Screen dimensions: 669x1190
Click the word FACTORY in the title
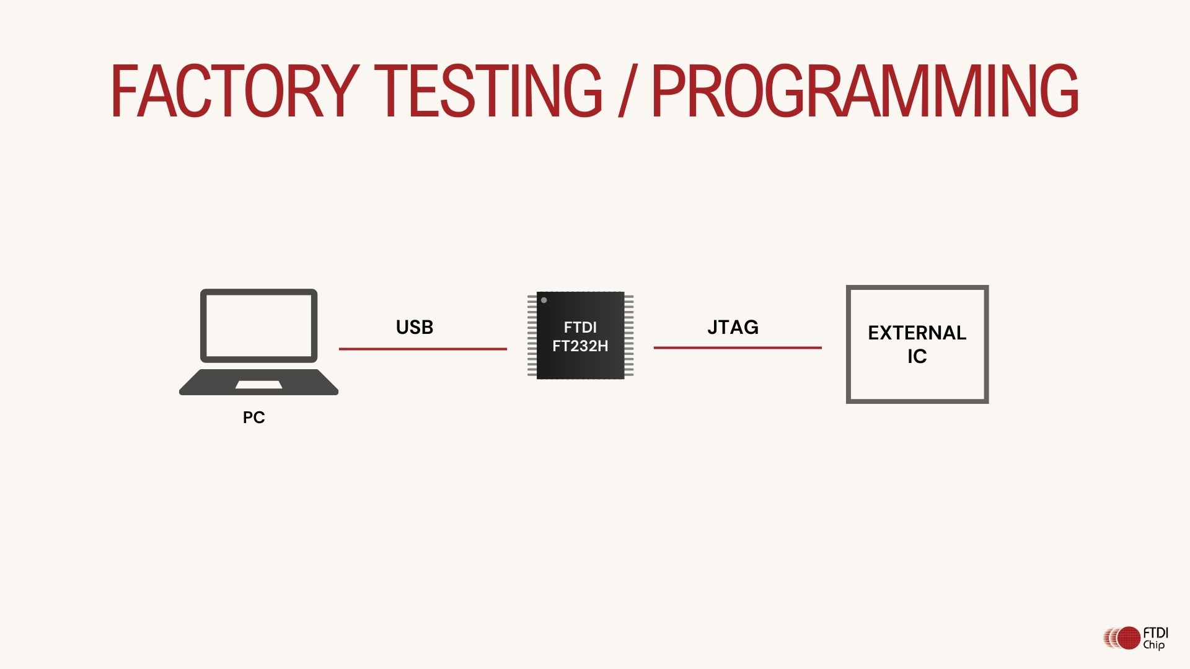234,90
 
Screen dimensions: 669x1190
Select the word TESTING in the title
488,90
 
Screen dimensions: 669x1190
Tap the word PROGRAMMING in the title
865,90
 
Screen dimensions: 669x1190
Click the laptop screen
258,325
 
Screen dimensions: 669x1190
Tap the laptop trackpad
258,385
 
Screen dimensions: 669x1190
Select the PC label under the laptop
253,418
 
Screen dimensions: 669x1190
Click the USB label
414,327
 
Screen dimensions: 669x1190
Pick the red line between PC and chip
423,349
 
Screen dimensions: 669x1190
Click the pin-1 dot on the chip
544,300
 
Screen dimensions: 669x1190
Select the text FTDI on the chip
580,327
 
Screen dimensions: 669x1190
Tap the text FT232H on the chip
580,346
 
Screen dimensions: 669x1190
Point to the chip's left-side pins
532,335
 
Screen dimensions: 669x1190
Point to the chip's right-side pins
629,335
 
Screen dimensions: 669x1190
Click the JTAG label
733,327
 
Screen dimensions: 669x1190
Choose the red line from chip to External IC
738,348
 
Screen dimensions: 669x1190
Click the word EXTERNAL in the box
917,333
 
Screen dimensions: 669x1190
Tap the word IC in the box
917,356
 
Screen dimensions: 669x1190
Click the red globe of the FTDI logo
1129,638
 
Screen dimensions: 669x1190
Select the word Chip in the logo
1153,645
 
